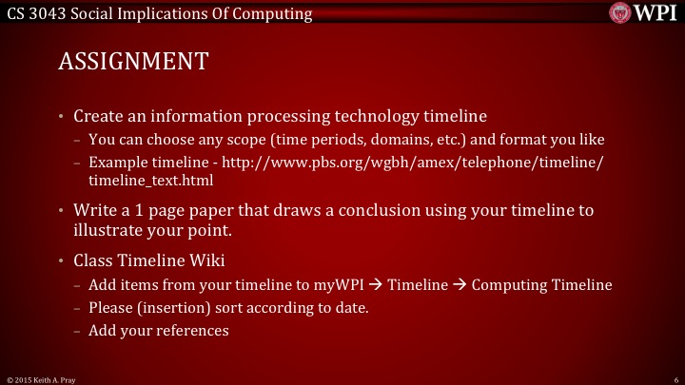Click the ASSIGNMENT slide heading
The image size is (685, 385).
pyautogui.click(x=132, y=62)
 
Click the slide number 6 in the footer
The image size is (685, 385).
pyautogui.click(x=675, y=378)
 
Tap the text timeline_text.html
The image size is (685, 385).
pyautogui.click(x=150, y=179)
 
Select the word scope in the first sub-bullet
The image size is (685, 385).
pyautogui.click(x=230, y=140)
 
